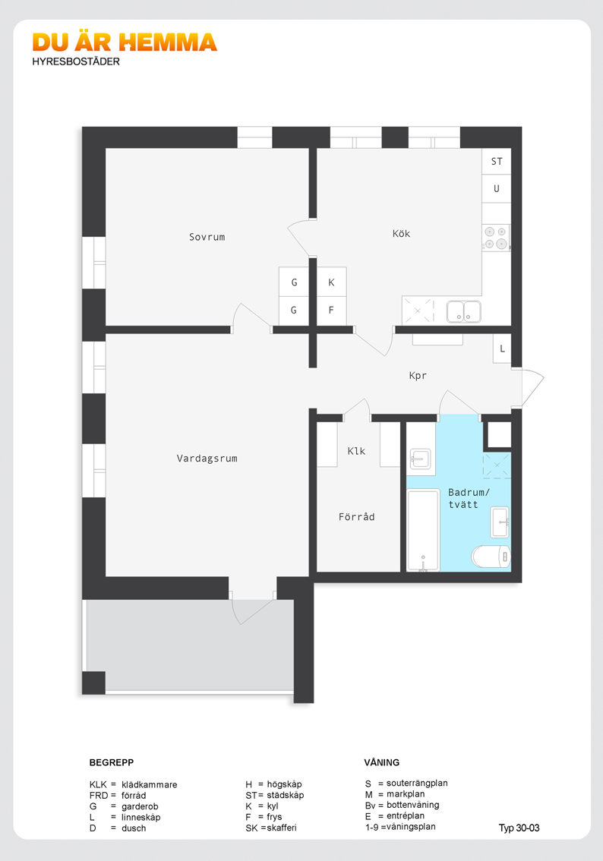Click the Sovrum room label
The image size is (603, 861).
(207, 237)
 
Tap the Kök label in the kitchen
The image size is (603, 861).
(402, 233)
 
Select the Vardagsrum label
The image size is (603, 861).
(207, 458)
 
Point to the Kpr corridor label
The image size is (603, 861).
(418, 376)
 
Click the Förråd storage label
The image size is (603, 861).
(356, 516)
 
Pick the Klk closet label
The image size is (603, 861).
(356, 451)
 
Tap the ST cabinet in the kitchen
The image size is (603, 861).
(497, 162)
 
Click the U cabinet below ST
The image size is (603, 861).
(497, 189)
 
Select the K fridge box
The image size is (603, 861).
(332, 282)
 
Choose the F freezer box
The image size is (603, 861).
(332, 311)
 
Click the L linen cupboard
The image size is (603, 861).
(502, 348)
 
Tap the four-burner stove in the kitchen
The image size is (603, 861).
(496, 238)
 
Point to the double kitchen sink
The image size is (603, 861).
(463, 311)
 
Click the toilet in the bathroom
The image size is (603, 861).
(491, 557)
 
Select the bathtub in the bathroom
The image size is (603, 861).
(424, 530)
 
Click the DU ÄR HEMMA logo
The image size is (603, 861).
(125, 43)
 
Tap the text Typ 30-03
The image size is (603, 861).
(519, 828)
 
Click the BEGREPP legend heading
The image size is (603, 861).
(112, 762)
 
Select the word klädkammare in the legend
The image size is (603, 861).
(150, 784)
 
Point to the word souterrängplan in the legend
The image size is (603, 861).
(417, 784)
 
